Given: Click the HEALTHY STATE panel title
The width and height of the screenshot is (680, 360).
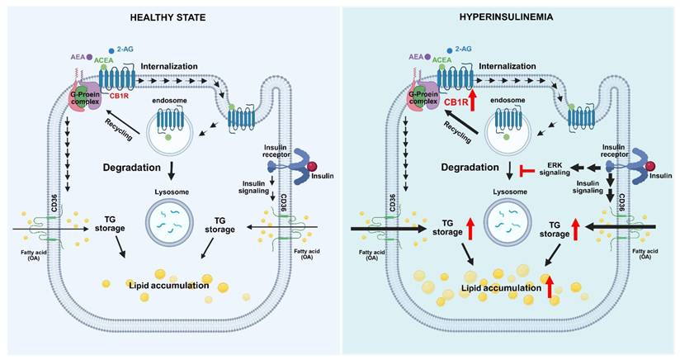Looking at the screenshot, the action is pos(168,17).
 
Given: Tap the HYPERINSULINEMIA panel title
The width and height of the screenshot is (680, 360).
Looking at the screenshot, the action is pos(506,17).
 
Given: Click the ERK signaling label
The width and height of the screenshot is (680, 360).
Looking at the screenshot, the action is pos(555,168).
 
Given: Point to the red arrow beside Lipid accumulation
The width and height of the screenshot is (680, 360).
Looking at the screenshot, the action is pos(550,287).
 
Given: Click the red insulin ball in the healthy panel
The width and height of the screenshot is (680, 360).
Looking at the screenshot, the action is pos(312,167).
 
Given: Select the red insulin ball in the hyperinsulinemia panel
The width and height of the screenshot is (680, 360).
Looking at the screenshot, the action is pos(650,167).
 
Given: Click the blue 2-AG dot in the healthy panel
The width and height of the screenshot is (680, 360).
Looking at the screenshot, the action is pos(111,50).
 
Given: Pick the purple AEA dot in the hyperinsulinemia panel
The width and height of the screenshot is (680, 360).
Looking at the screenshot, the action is pos(427,57).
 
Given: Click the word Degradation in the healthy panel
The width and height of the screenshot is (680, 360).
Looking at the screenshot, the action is pos(132,168).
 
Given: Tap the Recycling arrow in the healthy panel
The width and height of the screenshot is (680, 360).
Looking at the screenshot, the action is pos(124,122).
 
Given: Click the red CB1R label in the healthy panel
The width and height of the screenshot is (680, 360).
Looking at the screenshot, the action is pos(118,96).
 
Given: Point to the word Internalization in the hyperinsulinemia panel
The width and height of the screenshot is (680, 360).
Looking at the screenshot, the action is pos(508,66).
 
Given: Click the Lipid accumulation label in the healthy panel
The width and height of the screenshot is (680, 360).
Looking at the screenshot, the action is pos(169,286).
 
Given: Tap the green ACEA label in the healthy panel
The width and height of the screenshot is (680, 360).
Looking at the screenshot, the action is pos(104,60).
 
